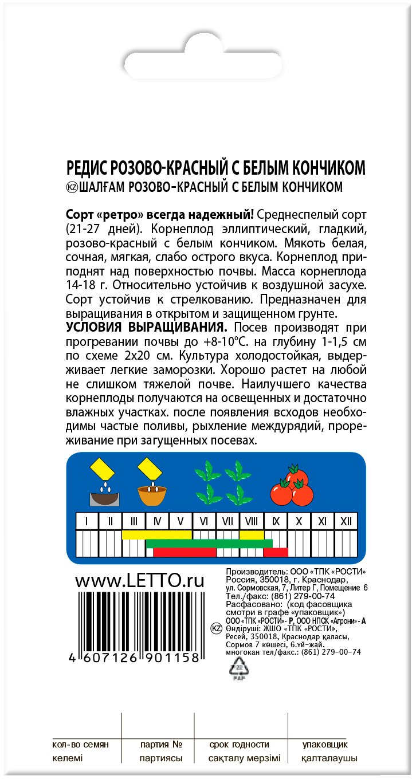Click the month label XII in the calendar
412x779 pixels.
point(346,521)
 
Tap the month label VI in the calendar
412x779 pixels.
point(204,521)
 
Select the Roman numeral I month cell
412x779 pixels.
point(87,521)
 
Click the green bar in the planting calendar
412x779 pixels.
point(209,544)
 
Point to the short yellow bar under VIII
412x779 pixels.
point(252,535)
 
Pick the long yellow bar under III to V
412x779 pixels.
point(157,535)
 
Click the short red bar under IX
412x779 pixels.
point(276,552)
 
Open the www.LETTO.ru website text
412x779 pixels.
point(140,580)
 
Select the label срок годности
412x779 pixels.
point(239,745)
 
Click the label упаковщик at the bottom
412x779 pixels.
point(325,745)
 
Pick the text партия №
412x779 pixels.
point(161,745)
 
